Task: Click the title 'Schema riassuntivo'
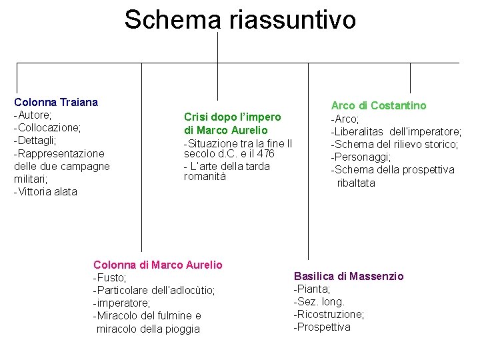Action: click(x=240, y=19)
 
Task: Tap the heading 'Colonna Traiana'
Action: click(x=56, y=102)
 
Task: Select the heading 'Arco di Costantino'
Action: click(x=379, y=105)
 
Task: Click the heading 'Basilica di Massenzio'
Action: click(x=349, y=276)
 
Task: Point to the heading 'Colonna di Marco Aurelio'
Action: click(x=158, y=265)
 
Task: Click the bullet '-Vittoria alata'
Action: click(x=45, y=192)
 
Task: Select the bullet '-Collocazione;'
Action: click(x=47, y=127)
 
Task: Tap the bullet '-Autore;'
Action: click(x=33, y=115)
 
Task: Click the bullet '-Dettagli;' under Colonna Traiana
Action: click(x=35, y=141)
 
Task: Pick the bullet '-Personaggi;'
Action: click(x=361, y=157)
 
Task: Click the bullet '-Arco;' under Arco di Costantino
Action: click(x=345, y=119)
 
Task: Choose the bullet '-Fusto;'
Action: click(x=110, y=277)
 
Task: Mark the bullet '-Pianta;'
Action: click(x=312, y=289)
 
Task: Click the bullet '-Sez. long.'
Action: click(x=319, y=301)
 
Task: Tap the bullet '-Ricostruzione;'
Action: click(x=329, y=314)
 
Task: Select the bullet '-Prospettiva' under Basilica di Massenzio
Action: click(x=322, y=327)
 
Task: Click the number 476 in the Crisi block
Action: click(x=266, y=153)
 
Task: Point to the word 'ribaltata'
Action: click(x=356, y=183)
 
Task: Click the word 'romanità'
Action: click(x=205, y=177)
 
